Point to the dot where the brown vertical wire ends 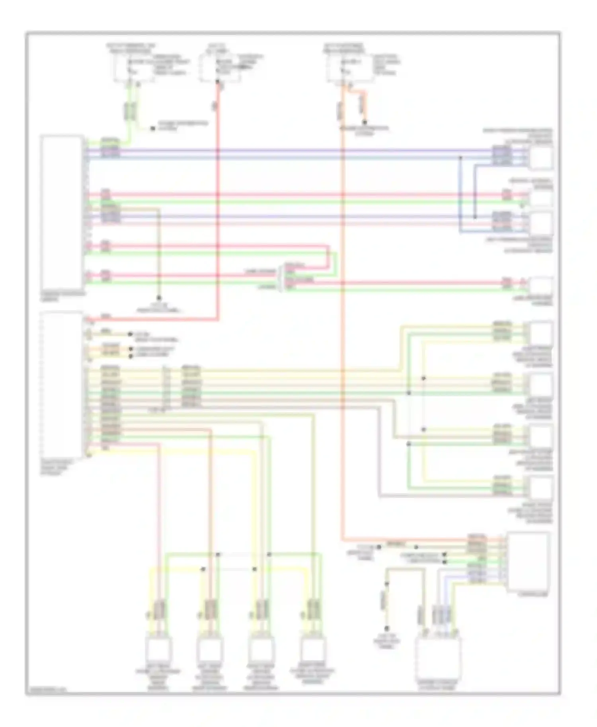pyautogui.click(x=159, y=298)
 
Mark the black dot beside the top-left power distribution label pyautogui.click(x=152, y=128)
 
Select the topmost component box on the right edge pyautogui.click(x=541, y=157)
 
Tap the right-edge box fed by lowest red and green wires pyautogui.click(x=541, y=286)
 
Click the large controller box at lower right pyautogui.click(x=528, y=561)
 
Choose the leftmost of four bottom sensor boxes pyautogui.click(x=158, y=648)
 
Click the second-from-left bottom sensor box pyautogui.click(x=210, y=648)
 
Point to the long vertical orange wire pyautogui.click(x=342, y=318)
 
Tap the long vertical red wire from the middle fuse pyautogui.click(x=218, y=199)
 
